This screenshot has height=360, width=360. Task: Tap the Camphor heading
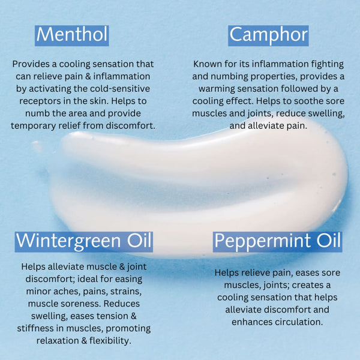coord(268,35)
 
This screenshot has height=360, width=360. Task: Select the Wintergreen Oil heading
coord(84,241)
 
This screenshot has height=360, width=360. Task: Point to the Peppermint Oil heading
coord(277,241)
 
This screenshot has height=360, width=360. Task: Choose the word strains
coord(126,292)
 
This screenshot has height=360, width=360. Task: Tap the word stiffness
coord(35,328)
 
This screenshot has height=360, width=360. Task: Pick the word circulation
coord(299,322)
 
